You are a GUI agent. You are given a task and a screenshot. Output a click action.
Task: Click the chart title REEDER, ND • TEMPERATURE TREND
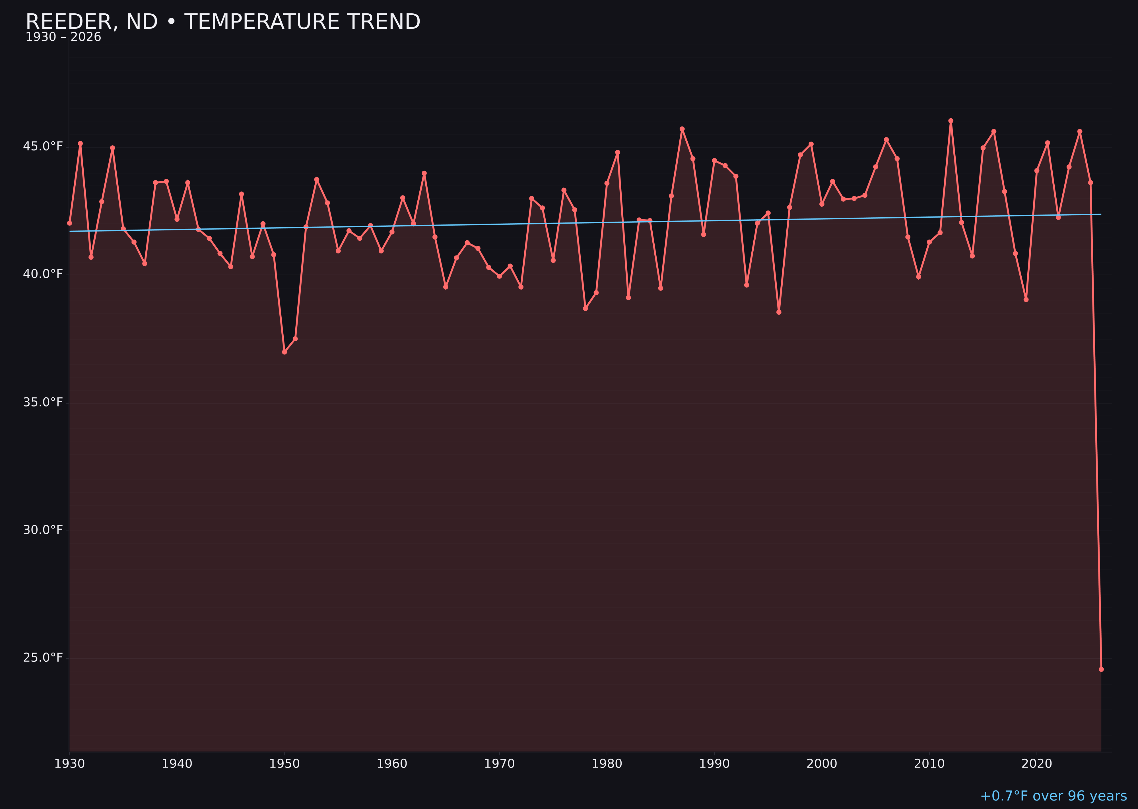[x=223, y=22]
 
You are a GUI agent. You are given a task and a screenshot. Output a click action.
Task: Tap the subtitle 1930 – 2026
[x=63, y=37]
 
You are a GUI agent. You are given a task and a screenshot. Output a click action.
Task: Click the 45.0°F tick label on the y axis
[x=43, y=146]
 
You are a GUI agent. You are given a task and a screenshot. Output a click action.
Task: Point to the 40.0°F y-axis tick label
[x=43, y=274]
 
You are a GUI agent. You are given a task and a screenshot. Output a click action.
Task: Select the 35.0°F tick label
[x=43, y=402]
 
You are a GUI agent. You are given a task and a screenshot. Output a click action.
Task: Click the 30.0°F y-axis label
[x=43, y=530]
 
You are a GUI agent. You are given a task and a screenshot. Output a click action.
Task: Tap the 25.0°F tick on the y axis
[x=43, y=658]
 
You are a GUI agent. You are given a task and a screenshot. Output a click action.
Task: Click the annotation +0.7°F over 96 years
[x=1053, y=796]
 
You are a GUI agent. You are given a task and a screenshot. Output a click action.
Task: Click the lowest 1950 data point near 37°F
[x=284, y=352]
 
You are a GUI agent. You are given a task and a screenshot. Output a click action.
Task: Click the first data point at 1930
[x=70, y=223]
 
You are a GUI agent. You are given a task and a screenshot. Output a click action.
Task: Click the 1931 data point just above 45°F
[x=80, y=143]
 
